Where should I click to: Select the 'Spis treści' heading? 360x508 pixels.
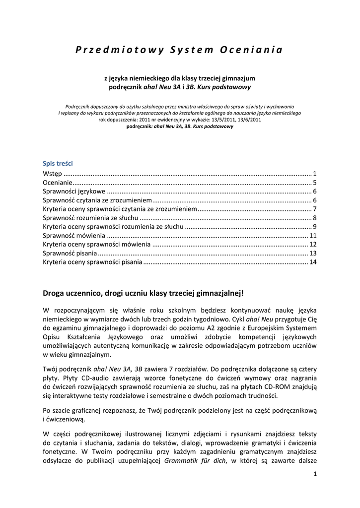coord(58,163)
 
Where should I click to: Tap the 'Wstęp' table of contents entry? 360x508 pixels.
coord(52,173)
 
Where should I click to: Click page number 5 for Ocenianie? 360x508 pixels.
coord(315,183)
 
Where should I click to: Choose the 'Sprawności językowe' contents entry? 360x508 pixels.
coord(73,191)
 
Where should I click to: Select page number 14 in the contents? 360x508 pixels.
coord(313,262)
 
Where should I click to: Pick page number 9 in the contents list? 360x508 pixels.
coord(315,227)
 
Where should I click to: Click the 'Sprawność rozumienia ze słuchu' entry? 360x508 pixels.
coord(89,218)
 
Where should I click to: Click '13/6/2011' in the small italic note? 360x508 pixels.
coord(247,120)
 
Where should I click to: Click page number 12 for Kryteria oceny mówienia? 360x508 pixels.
coord(313,245)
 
